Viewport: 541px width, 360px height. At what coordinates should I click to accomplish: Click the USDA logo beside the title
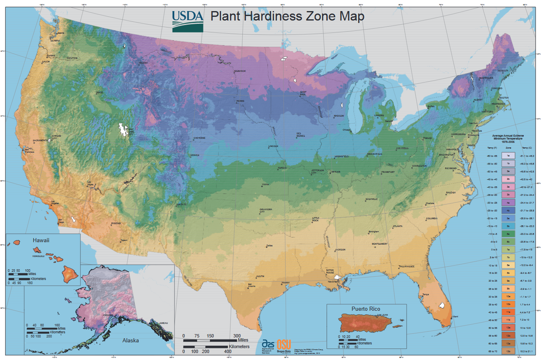tap(187, 20)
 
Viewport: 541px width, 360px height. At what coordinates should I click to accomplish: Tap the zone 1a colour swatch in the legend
tap(508, 156)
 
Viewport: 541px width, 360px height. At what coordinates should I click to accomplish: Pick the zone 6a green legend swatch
tap(508, 234)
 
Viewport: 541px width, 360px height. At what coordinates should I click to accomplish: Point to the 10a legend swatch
tap(508, 296)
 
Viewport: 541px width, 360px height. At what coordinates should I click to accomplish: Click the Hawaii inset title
tap(41, 240)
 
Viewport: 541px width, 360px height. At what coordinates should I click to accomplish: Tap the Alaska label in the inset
tap(130, 340)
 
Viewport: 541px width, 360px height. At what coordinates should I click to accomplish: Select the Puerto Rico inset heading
tap(366, 309)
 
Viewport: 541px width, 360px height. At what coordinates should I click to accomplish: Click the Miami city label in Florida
tap(455, 316)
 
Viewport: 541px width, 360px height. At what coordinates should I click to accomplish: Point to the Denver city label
tap(194, 155)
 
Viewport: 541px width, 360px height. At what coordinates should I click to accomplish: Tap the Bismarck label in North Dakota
tap(239, 71)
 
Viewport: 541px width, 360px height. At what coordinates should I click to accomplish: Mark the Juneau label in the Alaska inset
tap(163, 323)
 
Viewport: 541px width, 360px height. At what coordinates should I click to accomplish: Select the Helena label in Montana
tap(143, 63)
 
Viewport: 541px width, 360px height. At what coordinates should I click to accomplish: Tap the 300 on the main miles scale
tap(237, 336)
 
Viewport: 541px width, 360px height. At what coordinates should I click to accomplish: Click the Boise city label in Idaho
tap(100, 92)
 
